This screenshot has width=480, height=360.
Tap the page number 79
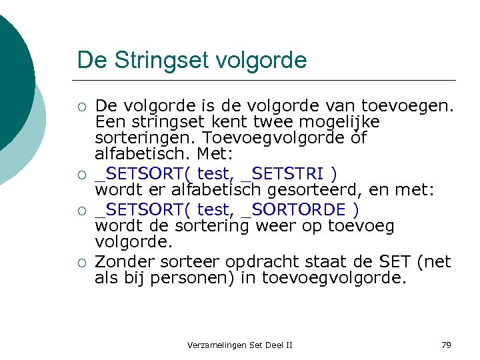tap(447, 345)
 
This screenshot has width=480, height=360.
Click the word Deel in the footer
tap(273, 345)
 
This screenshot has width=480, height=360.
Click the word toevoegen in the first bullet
tap(407, 105)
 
